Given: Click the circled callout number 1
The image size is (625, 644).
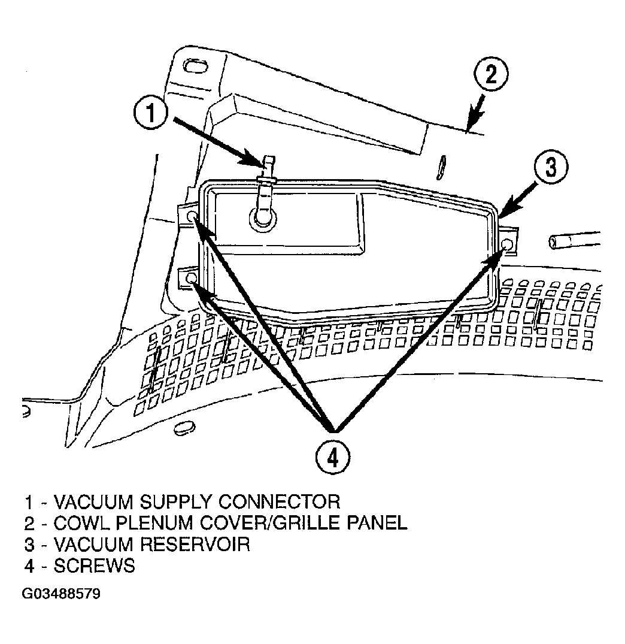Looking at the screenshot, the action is click(151, 113).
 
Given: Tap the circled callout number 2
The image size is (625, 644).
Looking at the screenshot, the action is click(491, 75).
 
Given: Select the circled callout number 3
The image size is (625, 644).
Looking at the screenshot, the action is click(551, 167).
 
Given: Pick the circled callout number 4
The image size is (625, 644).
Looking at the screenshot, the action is click(333, 457).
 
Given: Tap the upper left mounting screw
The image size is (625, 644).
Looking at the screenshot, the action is click(191, 216).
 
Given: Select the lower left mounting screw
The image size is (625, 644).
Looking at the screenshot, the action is click(191, 279).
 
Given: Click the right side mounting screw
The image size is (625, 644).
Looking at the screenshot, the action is click(507, 245).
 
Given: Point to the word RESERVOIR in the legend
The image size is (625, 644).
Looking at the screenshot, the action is click(195, 545).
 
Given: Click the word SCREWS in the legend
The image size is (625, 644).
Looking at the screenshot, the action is click(94, 566).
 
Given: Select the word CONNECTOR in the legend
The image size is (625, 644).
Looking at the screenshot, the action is click(279, 502).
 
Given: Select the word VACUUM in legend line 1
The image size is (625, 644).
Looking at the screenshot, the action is click(94, 502).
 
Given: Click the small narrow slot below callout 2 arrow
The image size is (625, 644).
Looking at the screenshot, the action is click(441, 167).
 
